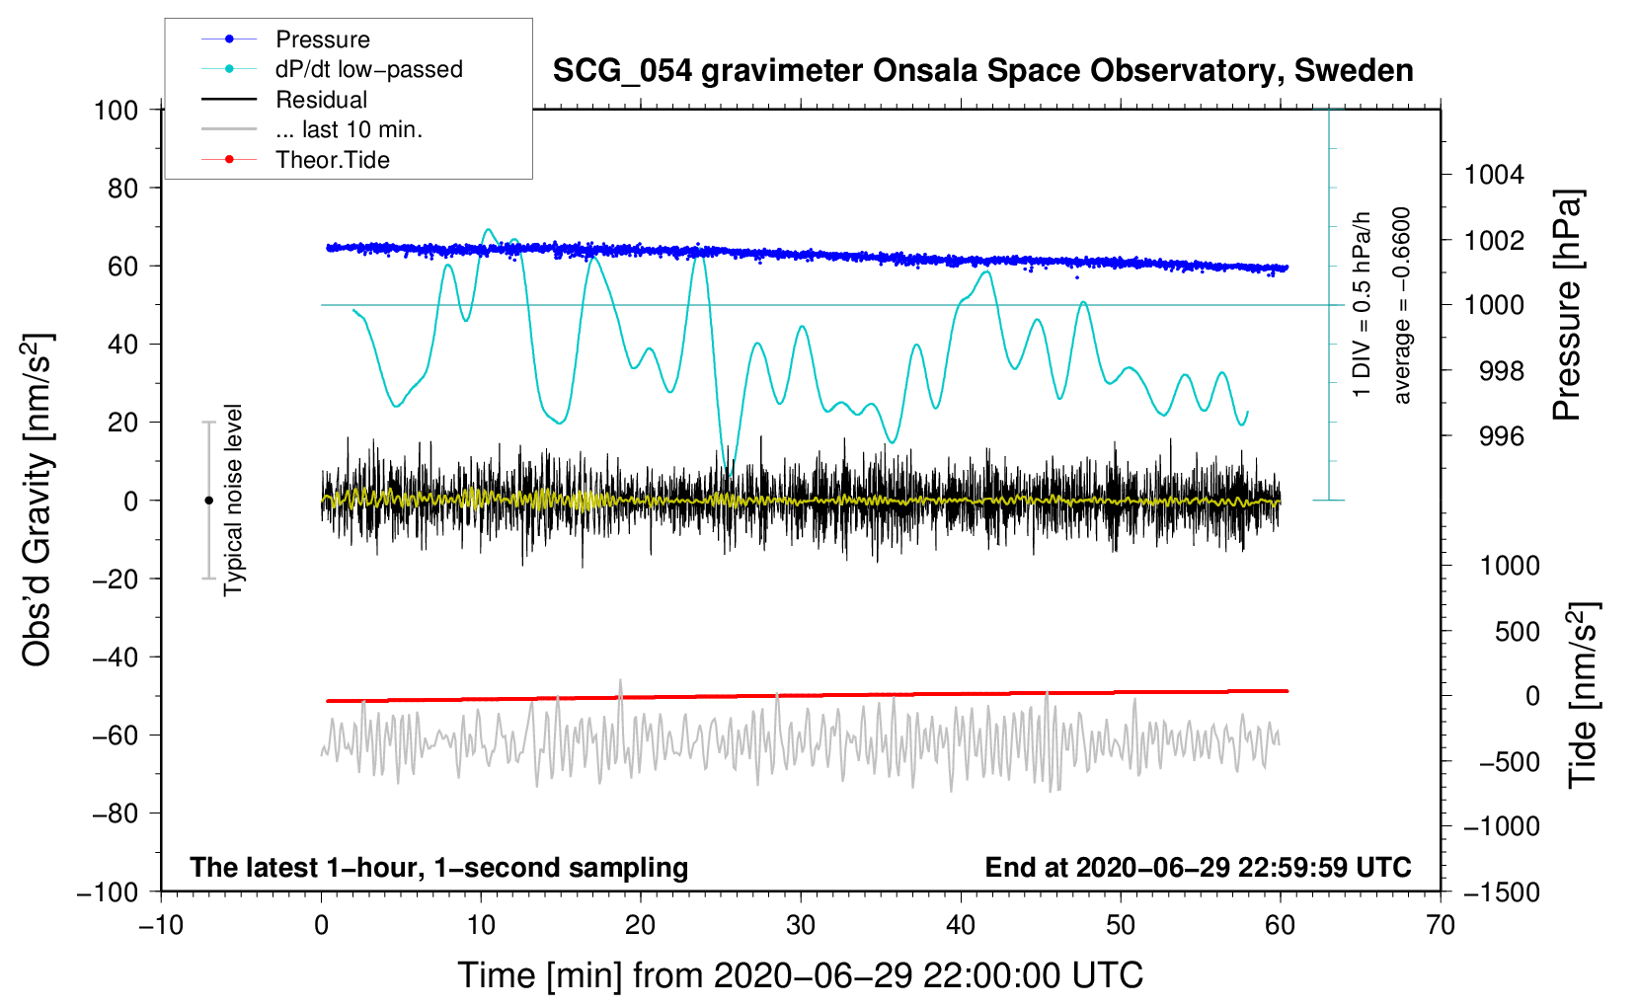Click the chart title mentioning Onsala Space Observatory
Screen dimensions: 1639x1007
tap(982, 71)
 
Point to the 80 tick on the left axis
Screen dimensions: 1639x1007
tap(122, 189)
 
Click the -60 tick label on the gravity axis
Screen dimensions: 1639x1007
tap(115, 735)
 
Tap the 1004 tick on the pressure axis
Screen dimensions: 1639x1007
tap(1494, 175)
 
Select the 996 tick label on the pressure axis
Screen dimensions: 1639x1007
tap(1502, 437)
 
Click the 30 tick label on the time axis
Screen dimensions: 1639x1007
tap(801, 925)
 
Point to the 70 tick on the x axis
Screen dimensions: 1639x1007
tap(1440, 925)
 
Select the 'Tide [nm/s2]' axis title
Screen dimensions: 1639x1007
tap(1584, 695)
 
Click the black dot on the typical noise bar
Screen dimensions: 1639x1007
tap(208, 501)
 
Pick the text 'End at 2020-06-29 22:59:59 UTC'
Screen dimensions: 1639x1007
tap(1198, 867)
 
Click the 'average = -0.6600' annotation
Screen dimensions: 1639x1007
tap(1400, 305)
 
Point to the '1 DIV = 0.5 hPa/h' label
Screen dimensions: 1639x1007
tap(1361, 304)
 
